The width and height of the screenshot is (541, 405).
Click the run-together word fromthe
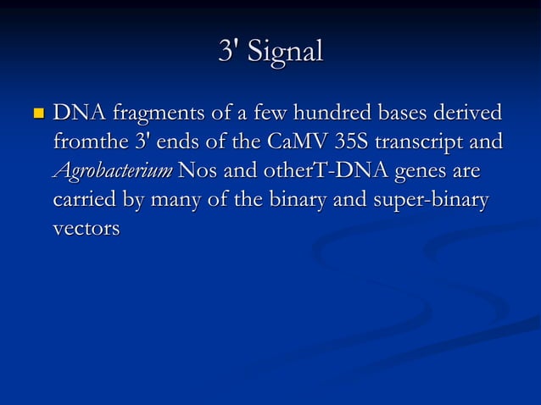tap(86, 141)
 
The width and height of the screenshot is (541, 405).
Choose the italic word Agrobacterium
tap(113, 171)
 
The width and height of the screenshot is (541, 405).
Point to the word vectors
tap(86, 229)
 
